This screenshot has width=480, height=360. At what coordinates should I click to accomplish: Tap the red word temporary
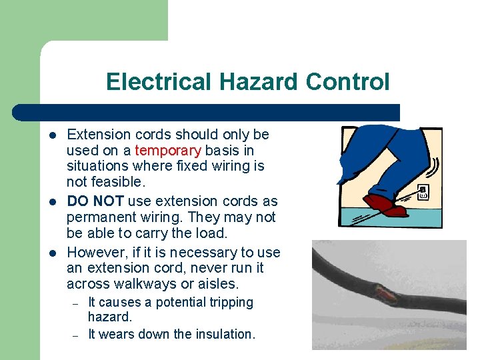(x=168, y=151)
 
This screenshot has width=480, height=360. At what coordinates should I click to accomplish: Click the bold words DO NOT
(x=96, y=201)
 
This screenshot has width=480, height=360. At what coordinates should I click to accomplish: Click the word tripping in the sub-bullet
(x=231, y=303)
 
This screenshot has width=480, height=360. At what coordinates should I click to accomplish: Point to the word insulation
(x=226, y=334)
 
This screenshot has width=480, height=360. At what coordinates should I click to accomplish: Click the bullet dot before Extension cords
(x=52, y=134)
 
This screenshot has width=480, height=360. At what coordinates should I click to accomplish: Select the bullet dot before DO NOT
(x=52, y=201)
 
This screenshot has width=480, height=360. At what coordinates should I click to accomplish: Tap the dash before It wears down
(x=76, y=335)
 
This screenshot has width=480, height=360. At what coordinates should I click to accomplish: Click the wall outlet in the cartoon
(x=423, y=191)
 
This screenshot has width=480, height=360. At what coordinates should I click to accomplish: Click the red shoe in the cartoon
(x=383, y=204)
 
